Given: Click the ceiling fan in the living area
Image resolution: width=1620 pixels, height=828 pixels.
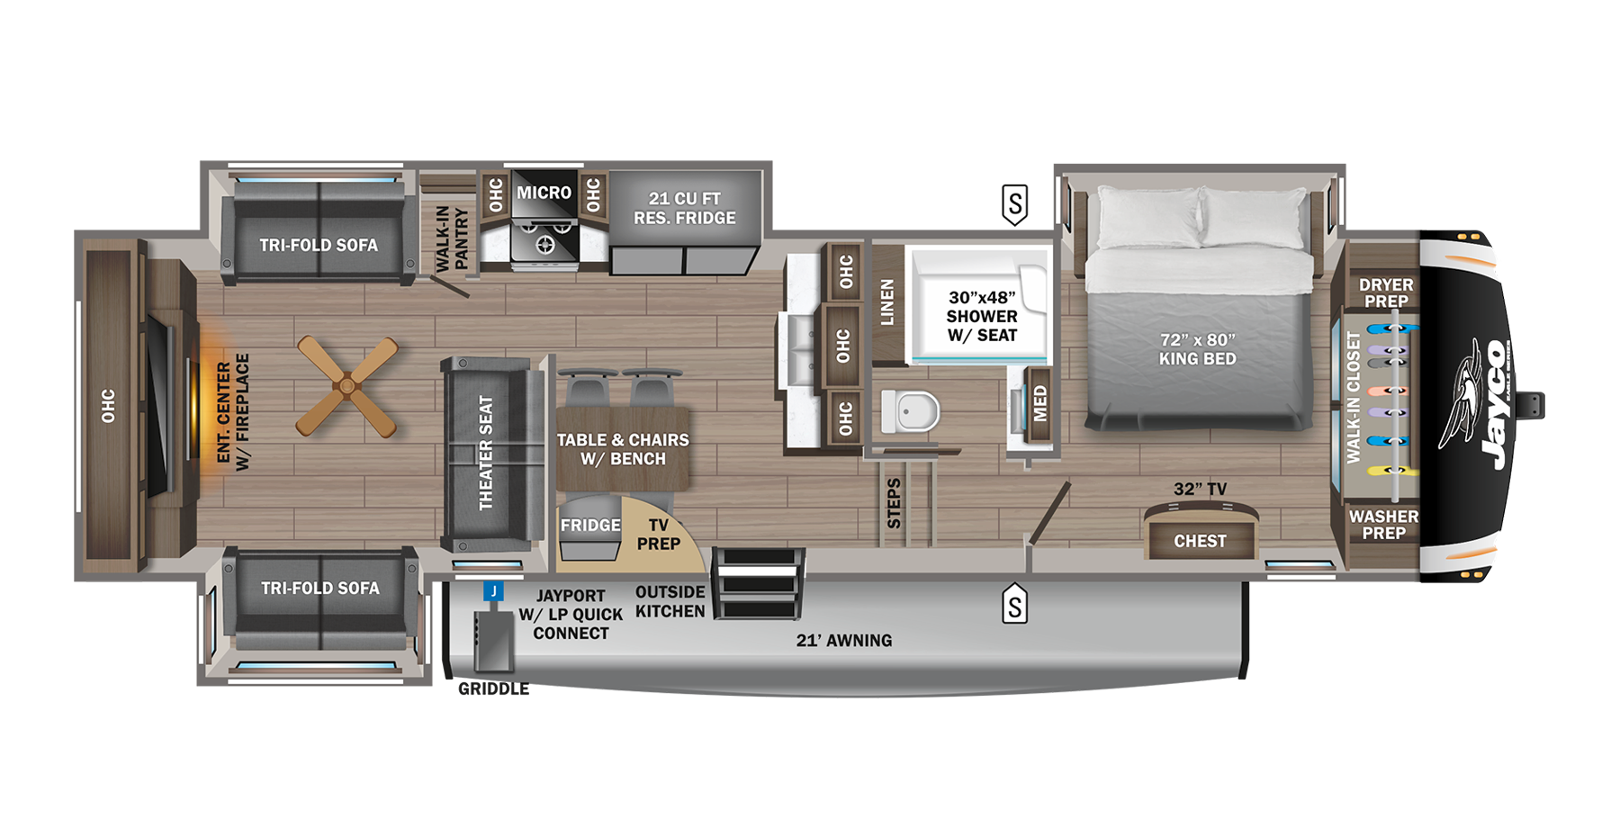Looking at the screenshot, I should (347, 387).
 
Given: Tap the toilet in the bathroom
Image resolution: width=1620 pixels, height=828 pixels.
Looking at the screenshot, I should (910, 412).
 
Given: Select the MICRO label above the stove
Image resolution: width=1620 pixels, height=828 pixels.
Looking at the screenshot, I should (544, 193).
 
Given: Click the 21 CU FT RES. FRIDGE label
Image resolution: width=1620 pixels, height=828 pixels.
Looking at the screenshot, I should (684, 208).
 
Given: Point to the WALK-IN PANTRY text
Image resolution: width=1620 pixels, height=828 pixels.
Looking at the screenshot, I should (452, 238).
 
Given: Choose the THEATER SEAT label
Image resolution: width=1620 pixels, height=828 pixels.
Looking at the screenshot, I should (486, 453).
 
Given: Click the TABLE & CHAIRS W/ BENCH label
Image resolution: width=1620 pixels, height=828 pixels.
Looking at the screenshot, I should (623, 449).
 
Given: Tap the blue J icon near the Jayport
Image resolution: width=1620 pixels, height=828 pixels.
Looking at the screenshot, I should (493, 591).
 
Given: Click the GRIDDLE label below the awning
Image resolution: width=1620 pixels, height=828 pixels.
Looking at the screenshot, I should (493, 688).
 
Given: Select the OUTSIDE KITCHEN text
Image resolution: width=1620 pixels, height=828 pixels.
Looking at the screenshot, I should (670, 601).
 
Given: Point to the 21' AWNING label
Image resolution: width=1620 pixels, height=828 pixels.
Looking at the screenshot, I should (844, 641).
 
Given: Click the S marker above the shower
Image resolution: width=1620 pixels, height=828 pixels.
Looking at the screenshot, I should (1014, 204).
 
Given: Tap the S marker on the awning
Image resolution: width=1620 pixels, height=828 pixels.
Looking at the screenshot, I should (1014, 605).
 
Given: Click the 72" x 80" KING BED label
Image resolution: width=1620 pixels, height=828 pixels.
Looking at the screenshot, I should (1197, 349).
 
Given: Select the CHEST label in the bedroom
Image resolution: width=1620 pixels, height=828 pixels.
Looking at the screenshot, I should (1200, 541).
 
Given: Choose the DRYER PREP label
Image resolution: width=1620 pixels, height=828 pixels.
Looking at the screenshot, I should (1385, 292).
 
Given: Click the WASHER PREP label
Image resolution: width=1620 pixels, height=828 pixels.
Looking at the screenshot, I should (1383, 525).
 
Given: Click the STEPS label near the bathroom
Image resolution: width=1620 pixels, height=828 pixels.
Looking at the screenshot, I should (894, 503).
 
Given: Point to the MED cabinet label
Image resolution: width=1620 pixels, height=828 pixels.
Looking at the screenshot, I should (1040, 403).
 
